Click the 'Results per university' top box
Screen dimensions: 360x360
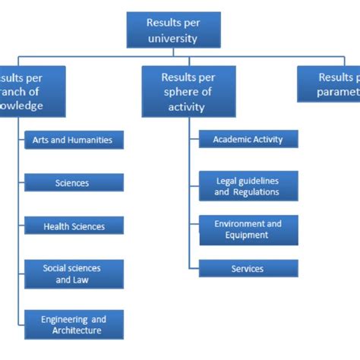coord(173,30)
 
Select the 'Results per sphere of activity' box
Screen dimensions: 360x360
coord(188,91)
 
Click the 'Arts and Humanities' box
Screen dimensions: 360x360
coord(73,140)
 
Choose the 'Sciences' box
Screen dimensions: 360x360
coord(73,183)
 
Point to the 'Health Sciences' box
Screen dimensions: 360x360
coord(73,226)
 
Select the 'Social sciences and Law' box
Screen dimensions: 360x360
coord(73,273)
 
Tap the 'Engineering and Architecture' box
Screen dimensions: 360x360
coord(73,324)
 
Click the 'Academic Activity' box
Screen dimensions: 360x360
coord(248,139)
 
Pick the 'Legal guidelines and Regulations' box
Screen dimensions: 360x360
coord(248,186)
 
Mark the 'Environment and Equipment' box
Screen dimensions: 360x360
coord(248,229)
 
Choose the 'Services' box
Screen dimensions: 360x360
coord(248,269)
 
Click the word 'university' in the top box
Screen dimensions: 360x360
coord(173,37)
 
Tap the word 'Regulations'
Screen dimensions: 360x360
coord(257,192)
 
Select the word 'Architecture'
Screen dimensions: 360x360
coord(77,330)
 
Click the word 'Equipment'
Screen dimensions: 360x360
coord(248,235)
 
